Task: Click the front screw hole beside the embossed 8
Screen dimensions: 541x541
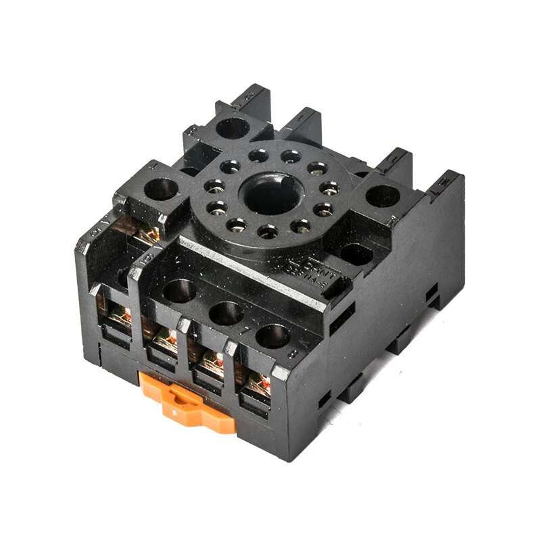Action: (273, 335)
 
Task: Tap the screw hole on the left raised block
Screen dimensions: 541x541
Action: (162, 189)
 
